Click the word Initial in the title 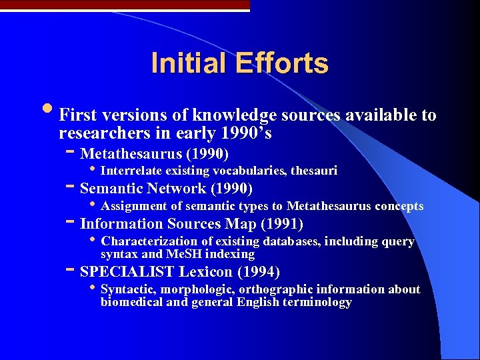pyautogui.click(x=188, y=63)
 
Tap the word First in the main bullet pyautogui.click(x=76, y=116)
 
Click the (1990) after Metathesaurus pyautogui.click(x=209, y=154)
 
